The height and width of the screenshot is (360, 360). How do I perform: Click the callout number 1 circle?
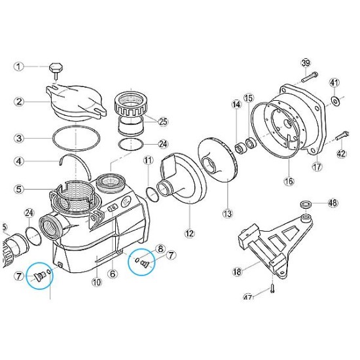(19, 66)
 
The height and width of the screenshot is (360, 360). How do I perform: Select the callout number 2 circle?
(19, 101)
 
